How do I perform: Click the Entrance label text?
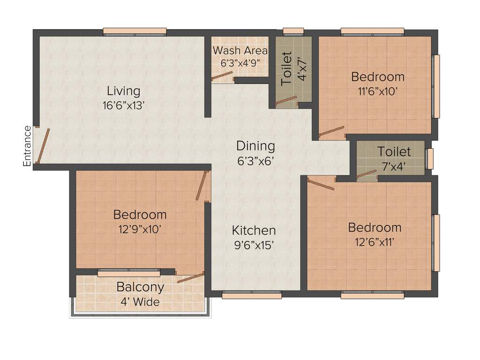tap(27, 146)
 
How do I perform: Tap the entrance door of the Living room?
tap(43, 146)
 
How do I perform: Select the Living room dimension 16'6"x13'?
tap(123, 105)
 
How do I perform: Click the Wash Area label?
tap(240, 51)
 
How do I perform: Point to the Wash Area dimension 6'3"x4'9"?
tap(240, 62)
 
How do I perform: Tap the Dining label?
tap(255, 145)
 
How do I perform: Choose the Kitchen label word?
tap(254, 231)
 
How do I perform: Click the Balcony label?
tap(140, 287)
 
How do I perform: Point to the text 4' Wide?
tap(140, 302)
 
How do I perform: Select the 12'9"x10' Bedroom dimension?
tap(140, 229)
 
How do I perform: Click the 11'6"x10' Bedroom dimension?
tap(378, 91)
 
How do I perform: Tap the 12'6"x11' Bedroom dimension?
tap(375, 242)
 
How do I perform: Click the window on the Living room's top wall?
tap(135, 32)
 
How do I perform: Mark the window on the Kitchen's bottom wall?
tap(251, 294)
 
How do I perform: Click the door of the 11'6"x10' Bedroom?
tap(331, 132)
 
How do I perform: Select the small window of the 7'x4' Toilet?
tap(429, 158)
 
